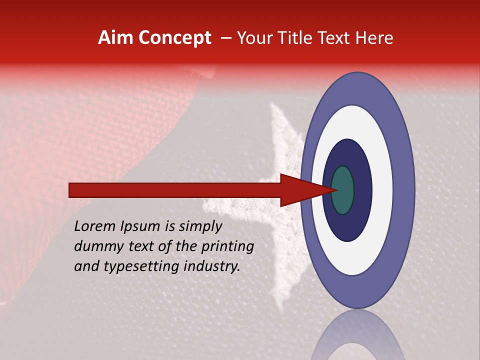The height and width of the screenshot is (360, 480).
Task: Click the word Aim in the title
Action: [x=116, y=38]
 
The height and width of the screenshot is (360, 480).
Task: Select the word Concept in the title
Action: [x=175, y=38]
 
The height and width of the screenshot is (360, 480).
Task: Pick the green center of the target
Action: [x=343, y=190]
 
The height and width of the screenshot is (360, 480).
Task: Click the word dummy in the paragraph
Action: [x=97, y=246]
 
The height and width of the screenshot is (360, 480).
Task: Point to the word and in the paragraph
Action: [x=85, y=266]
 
